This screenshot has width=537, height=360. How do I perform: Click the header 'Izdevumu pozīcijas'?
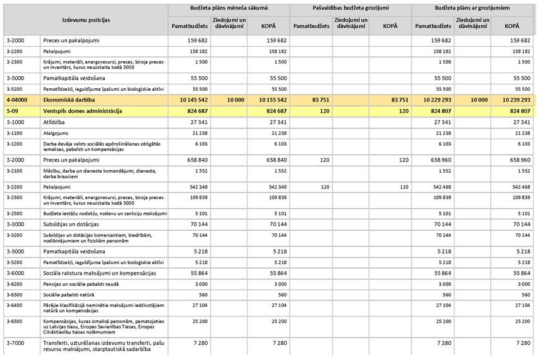(86, 20)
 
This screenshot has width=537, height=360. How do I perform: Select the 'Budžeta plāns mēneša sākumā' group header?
(228, 8)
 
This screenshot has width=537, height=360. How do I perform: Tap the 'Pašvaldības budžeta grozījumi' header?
(350, 8)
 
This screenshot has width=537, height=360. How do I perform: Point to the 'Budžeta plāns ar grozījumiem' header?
(472, 8)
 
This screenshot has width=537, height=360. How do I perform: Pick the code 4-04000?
(16, 100)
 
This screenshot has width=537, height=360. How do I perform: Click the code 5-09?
(12, 111)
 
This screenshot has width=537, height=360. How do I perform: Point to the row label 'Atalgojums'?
(58, 134)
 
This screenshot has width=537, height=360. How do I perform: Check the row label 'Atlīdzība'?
(56, 122)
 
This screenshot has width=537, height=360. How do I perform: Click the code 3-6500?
(15, 321)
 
